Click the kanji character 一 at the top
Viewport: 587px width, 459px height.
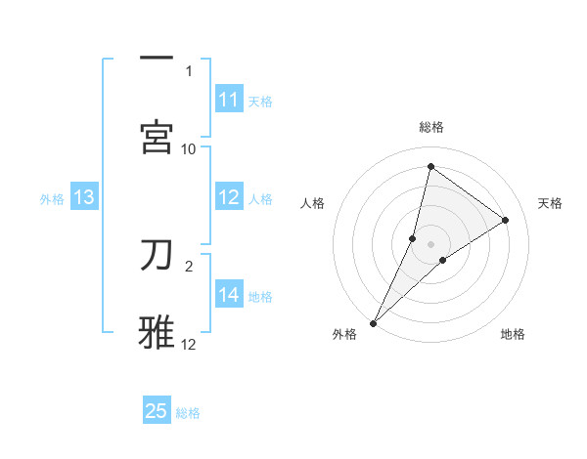157,59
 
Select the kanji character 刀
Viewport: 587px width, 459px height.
157,254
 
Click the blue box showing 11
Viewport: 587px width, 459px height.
229,100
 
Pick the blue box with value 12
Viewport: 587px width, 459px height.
229,197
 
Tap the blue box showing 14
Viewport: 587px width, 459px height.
229,295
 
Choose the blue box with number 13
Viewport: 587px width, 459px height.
84,197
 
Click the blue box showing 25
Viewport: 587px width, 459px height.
157,411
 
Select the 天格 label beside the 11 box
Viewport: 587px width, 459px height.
260,101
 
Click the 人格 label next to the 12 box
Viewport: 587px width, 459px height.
260,198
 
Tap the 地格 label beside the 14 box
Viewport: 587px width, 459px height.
260,296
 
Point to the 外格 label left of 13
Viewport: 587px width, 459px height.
52,198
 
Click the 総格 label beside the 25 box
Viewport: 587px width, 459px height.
188,412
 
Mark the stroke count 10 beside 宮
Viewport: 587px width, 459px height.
189,148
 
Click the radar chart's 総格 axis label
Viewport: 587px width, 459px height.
431,127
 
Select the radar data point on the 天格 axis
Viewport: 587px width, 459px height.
505,221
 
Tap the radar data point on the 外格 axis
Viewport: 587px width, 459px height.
374,322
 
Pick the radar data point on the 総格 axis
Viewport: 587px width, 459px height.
430,166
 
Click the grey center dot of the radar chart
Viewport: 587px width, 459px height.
431,243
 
